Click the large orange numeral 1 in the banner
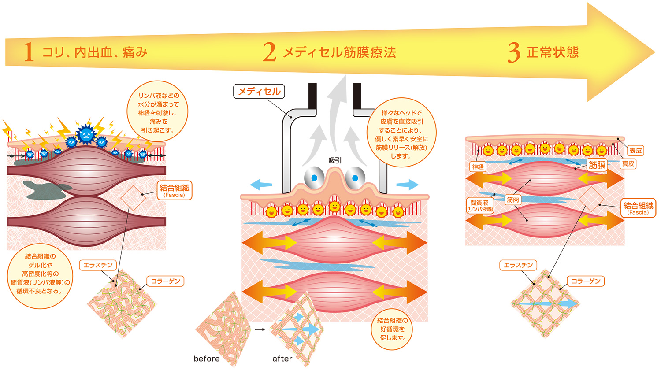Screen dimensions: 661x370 point(29,52)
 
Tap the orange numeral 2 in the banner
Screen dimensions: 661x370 point(269,52)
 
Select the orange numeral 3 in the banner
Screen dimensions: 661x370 point(514,52)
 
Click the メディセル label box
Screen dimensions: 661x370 point(259,92)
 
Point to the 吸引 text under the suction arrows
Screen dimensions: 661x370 point(335,160)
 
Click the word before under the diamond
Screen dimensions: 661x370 point(207,359)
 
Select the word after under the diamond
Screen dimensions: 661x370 point(282,359)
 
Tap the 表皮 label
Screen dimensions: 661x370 point(635,151)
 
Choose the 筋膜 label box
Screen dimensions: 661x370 point(597,165)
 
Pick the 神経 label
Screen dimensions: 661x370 point(478,166)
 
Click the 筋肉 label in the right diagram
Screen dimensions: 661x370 point(513,200)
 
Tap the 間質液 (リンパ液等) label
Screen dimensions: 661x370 point(479,206)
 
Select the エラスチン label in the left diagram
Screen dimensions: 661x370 point(98,265)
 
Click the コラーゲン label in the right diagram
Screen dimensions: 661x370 point(586,281)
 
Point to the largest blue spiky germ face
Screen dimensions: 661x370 point(86,134)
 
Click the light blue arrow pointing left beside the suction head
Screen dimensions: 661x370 point(261,185)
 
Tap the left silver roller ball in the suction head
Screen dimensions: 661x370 point(314,178)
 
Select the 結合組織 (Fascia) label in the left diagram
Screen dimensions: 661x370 point(175,190)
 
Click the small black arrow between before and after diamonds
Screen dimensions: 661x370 point(260,329)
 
